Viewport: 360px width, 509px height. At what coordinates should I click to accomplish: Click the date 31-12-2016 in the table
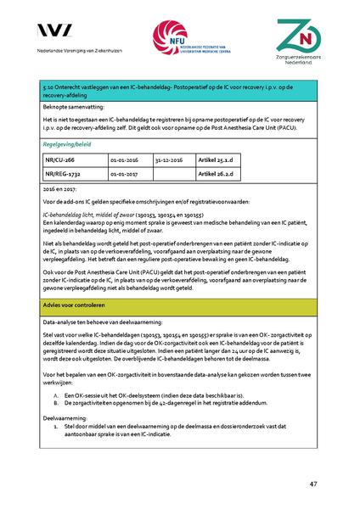pyautogui.click(x=171, y=158)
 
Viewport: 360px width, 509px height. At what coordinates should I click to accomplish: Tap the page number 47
pyautogui.click(x=313, y=484)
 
